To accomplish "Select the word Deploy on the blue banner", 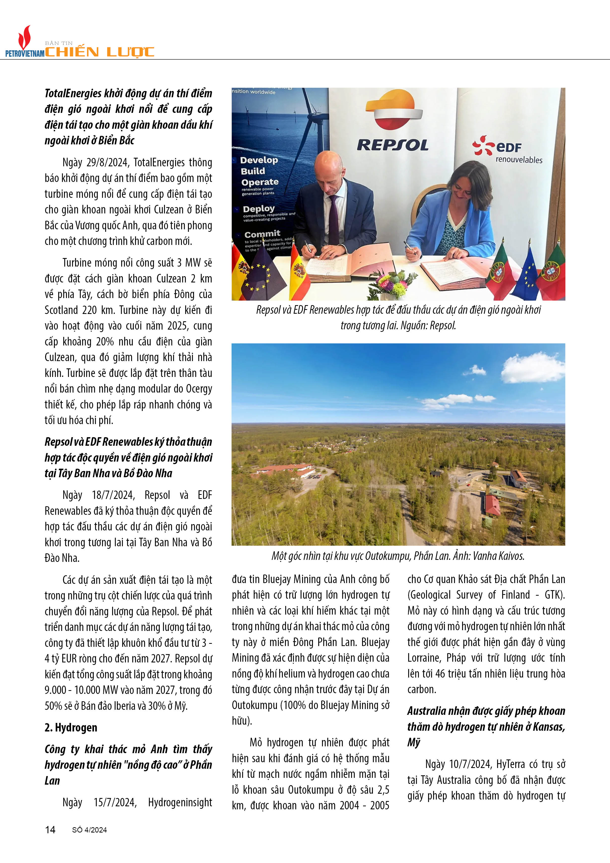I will pyautogui.click(x=259, y=209).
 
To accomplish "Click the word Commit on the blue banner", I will pyautogui.click(x=262, y=234).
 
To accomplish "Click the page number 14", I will pyautogui.click(x=50, y=829).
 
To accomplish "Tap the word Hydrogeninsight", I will pyautogui.click(x=180, y=803).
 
